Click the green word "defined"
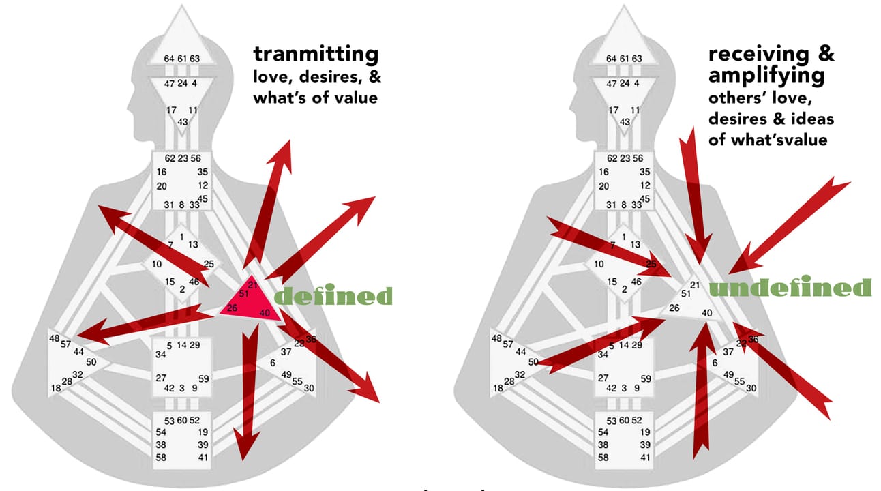pos(333,296)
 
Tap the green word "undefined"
pos(790,288)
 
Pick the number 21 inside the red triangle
pos(253,284)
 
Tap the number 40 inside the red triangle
pos(265,313)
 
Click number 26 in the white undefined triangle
pos(674,308)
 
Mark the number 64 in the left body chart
pos(169,59)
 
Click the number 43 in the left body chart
pos(183,121)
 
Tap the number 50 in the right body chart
pos(534,362)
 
